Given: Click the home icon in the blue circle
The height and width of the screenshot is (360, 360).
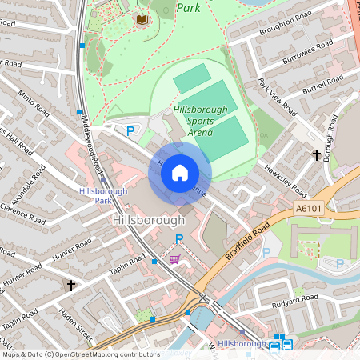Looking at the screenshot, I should click(180, 172).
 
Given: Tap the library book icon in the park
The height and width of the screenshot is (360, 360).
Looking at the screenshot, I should click(142, 18).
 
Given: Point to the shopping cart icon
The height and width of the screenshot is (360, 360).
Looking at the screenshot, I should click(174, 259).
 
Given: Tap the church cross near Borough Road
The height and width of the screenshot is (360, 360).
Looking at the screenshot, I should click(317, 154).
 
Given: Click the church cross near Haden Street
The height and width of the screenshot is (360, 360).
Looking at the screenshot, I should click(70, 285).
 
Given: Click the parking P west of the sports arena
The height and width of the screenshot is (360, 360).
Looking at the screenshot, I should click(130, 130).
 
